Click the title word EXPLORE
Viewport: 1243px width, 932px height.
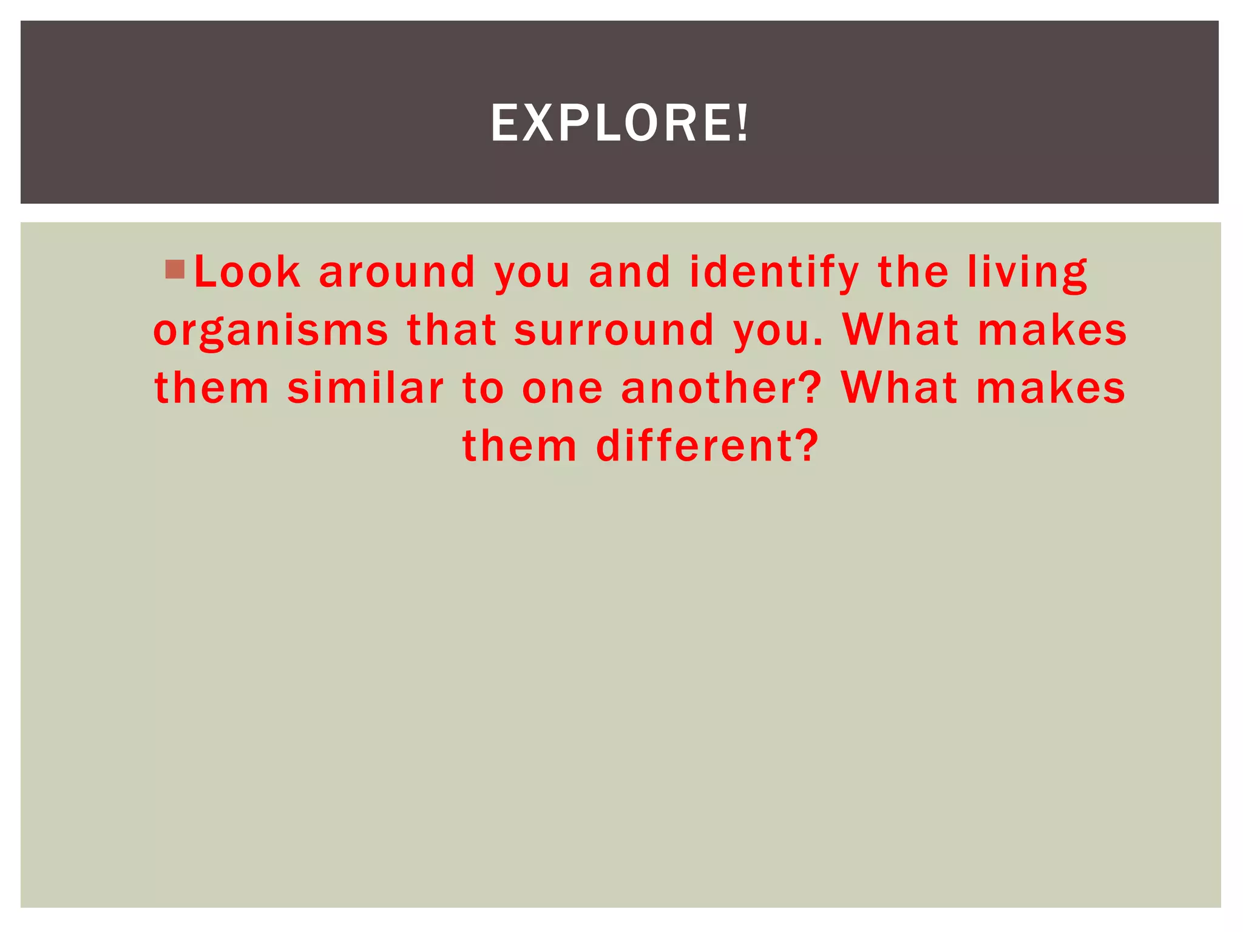click(x=611, y=123)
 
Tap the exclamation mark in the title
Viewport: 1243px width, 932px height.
click(x=742, y=123)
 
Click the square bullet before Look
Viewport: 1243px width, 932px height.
click(x=175, y=269)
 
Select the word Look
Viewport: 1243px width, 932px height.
click(x=247, y=272)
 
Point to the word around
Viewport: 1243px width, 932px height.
click(x=397, y=272)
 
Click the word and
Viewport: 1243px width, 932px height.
click(x=629, y=272)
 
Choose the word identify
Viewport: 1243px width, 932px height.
click(x=774, y=272)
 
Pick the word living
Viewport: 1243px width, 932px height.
click(x=1028, y=272)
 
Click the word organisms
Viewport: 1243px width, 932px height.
click(x=271, y=331)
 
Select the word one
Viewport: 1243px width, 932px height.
click(x=562, y=389)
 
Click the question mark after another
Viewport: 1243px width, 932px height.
click(x=812, y=388)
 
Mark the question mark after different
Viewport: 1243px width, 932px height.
click(x=807, y=446)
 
